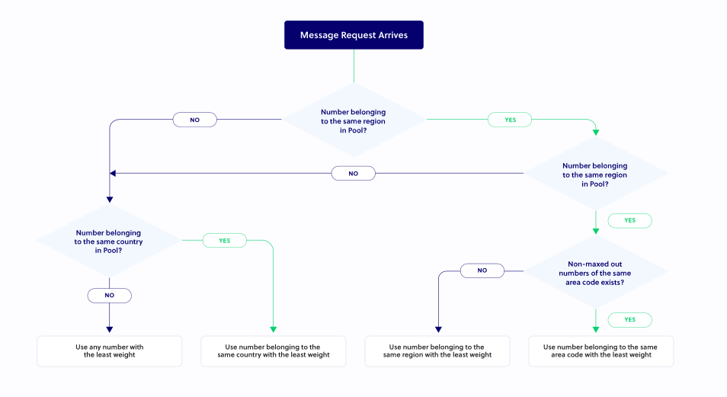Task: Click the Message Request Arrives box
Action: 354,35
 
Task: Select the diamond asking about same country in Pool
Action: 108,241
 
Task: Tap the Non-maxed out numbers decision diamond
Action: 595,272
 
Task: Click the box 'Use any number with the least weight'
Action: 110,351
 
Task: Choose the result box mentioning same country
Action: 273,351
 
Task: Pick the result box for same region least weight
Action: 437,351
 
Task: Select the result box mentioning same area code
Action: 600,351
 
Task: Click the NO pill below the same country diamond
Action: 109,295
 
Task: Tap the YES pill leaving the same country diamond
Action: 225,240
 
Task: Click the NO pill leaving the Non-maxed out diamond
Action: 482,271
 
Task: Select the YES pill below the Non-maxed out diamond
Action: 629,320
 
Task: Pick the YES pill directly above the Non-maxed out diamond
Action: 629,220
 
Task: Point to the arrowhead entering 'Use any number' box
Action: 109,330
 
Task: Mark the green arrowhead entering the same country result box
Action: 273,330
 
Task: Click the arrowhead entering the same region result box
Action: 437,330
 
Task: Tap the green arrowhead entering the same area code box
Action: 595,330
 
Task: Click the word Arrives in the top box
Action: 390,35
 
